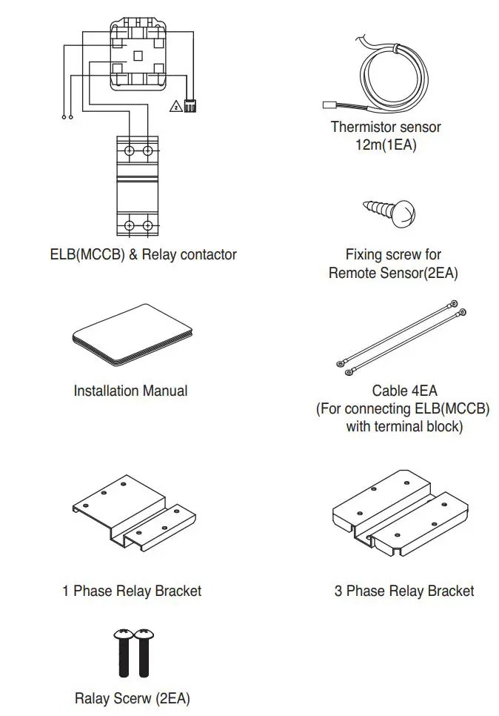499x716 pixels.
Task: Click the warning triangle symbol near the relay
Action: pos(175,106)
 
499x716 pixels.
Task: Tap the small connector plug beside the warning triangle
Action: pos(190,105)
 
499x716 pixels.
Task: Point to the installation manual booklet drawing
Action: pos(130,336)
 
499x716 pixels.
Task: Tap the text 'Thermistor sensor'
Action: pos(385,127)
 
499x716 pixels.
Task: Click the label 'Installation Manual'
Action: pos(130,391)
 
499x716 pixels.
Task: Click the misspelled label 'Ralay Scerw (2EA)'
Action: pos(132,698)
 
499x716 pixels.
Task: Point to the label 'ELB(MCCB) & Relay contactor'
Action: pos(138,254)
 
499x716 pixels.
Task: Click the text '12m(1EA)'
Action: pos(385,145)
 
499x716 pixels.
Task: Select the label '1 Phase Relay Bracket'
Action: pos(132,591)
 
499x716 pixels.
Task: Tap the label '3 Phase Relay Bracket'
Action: pos(403,591)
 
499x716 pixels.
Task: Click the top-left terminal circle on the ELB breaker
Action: pos(129,151)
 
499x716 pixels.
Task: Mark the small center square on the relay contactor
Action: pos(138,56)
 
